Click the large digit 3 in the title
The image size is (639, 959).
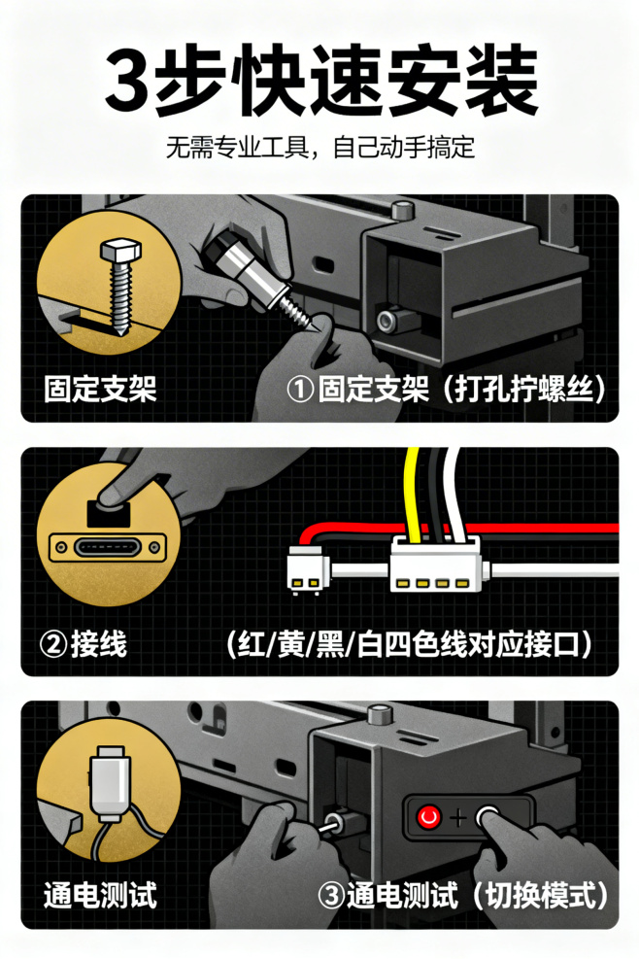coord(128,80)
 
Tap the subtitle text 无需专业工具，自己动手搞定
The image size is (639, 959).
coord(319,148)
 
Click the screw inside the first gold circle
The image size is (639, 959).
coord(119,285)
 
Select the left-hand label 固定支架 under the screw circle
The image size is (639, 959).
coord(100,389)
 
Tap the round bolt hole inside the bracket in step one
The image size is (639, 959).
coord(387,320)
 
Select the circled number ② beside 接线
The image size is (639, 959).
coord(53,643)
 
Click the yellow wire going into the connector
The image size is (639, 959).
coord(413,496)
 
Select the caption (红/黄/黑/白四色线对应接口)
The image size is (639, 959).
coord(409,643)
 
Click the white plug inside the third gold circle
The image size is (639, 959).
coord(110,783)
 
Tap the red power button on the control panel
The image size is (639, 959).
coord(428,816)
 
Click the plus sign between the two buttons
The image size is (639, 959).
coord(457,817)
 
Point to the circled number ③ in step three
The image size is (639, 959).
coord(331,896)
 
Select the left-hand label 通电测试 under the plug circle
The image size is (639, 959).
coord(100,896)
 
